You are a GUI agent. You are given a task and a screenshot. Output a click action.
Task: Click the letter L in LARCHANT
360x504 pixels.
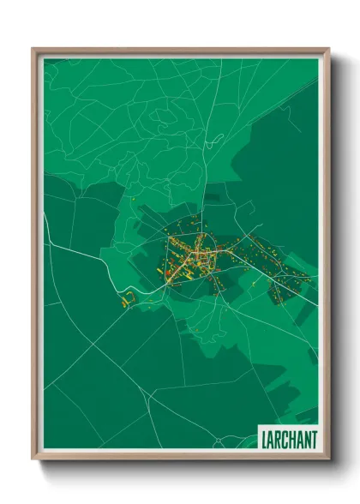[x=263, y=440]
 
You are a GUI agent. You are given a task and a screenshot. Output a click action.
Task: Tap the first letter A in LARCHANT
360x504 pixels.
[x=270, y=440]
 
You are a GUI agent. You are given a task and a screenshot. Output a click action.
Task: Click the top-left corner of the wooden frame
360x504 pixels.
[x=33, y=49]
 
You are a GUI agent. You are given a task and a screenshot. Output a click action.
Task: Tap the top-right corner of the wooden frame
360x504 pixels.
[x=329, y=49]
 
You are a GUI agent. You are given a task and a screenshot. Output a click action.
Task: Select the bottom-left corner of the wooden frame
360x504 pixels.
[x=33, y=459]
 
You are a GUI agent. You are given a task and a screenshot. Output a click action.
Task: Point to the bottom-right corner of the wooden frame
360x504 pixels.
[x=329, y=459]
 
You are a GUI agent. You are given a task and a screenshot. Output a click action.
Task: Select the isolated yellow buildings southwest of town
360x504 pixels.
[x=129, y=300]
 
